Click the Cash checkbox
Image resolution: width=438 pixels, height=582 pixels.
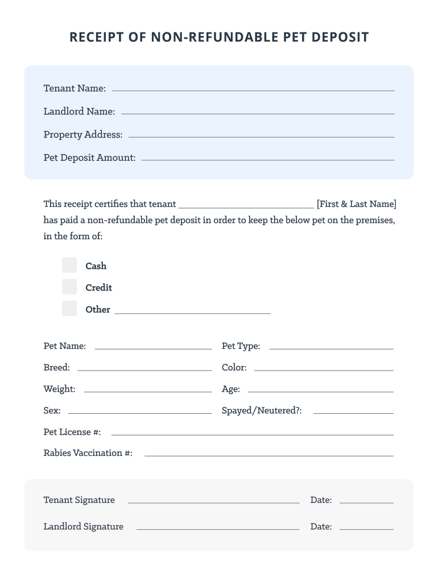click(69, 265)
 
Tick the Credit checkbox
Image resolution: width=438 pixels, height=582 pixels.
click(69, 287)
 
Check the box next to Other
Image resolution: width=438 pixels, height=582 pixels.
click(69, 309)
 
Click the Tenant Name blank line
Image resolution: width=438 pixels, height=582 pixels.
click(253, 90)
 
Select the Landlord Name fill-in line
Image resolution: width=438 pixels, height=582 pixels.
click(258, 113)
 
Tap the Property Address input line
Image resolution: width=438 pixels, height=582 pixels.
click(261, 136)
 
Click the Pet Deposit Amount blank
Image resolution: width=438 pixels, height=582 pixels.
click(267, 159)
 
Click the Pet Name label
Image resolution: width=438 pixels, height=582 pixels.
click(65, 346)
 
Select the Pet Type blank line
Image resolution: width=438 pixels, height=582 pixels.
click(331, 348)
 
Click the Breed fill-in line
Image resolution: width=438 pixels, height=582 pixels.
click(144, 369)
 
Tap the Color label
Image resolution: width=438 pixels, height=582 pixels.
click(234, 368)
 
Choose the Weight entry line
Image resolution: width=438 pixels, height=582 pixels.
click(148, 391)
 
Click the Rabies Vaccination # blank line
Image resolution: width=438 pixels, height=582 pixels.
click(268, 455)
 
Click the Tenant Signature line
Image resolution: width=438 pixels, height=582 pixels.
click(213, 502)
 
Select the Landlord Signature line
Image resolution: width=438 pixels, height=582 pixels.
click(218, 529)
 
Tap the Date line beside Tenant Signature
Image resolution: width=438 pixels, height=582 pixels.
click(366, 502)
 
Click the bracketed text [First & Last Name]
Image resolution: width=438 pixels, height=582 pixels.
click(357, 204)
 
